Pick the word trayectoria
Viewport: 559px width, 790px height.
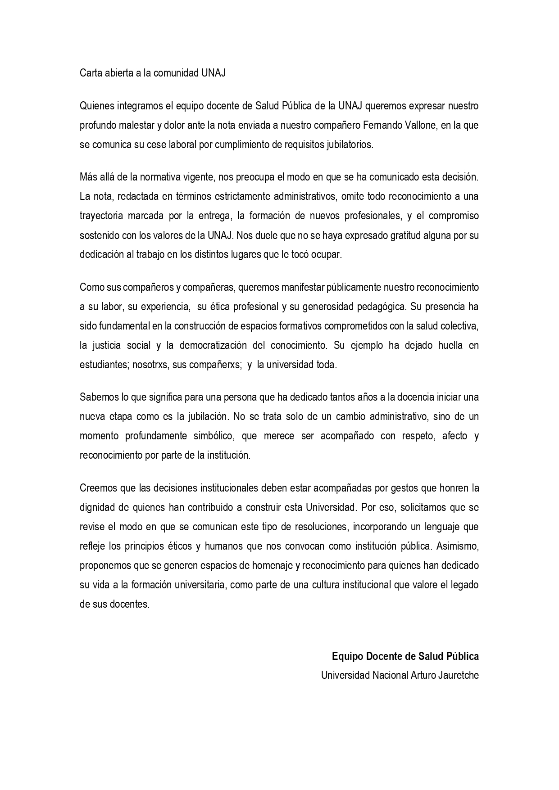pyautogui.click(x=101, y=216)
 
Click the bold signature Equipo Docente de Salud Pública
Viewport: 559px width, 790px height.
pyautogui.click(x=405, y=656)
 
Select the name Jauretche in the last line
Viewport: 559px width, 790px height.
pyautogui.click(x=458, y=675)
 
